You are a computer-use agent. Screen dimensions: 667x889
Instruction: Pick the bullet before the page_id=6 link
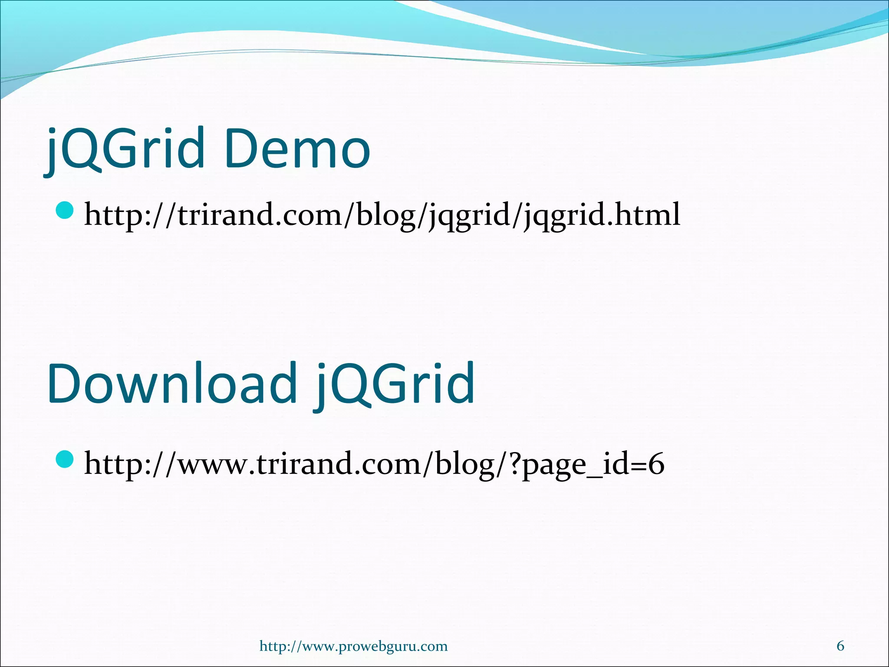[x=66, y=459]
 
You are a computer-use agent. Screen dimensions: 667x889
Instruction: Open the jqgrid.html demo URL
[x=382, y=215]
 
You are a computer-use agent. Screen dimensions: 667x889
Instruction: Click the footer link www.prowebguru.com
[x=353, y=646]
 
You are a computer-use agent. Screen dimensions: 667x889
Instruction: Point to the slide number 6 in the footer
[x=840, y=646]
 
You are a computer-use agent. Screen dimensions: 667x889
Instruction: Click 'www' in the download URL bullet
[x=213, y=464]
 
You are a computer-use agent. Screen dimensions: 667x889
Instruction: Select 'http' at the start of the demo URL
[x=113, y=215]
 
